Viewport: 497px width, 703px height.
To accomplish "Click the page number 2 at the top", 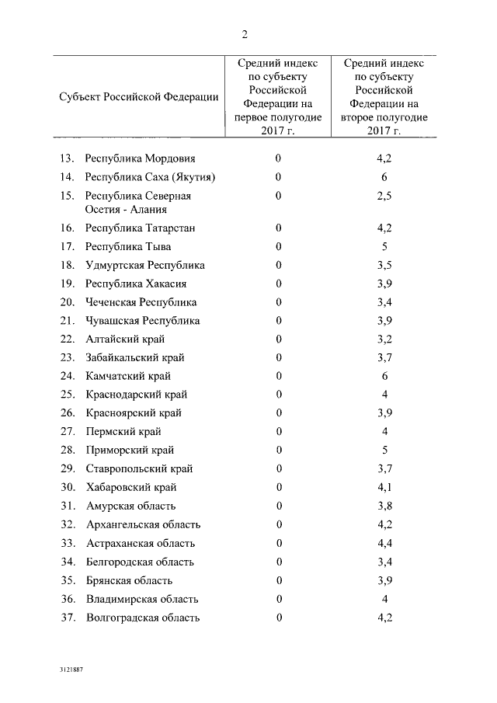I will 245,33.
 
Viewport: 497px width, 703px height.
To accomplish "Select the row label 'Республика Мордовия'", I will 140,158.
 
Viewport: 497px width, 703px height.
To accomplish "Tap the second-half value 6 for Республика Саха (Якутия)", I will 384,177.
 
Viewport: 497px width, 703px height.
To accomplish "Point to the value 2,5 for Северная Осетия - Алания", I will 384,196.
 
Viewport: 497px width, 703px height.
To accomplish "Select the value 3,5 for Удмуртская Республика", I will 384,265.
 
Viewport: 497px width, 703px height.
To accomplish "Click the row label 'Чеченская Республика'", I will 141,302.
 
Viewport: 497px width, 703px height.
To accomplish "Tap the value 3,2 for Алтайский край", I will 384,339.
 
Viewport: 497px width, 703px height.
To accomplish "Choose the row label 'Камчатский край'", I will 128,376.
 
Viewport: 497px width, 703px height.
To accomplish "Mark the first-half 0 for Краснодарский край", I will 278,395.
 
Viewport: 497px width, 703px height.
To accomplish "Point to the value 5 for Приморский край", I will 384,450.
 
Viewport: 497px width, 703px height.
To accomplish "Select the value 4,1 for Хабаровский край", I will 384,487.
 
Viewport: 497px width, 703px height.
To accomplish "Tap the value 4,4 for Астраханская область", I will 384,543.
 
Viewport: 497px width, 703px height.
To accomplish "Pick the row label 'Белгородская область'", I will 140,562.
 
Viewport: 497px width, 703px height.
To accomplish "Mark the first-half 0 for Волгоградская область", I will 278,618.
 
